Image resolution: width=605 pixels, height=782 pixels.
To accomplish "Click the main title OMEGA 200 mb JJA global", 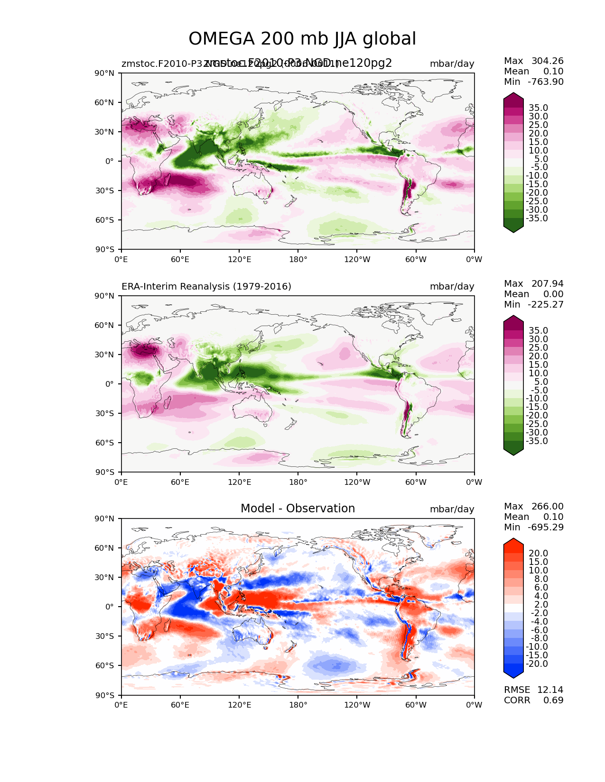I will (x=302, y=39).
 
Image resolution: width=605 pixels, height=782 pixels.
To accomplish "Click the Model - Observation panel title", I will (x=298, y=509).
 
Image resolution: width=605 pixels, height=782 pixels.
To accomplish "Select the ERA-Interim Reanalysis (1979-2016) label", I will (x=206, y=287).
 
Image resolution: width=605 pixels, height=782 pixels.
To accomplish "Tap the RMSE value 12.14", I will (x=550, y=690).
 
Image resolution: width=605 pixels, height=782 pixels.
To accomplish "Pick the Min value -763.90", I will (x=546, y=82).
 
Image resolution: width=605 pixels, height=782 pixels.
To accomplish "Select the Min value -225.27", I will (x=546, y=304).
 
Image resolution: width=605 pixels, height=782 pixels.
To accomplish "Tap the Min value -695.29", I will (x=546, y=527).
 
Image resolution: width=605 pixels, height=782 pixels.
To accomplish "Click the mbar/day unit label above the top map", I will (x=452, y=64).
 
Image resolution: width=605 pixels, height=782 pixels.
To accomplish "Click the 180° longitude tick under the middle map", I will (x=298, y=482).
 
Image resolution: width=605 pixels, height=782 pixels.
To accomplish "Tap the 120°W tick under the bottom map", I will (x=357, y=705).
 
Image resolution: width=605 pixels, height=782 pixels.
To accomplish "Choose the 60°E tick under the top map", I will (x=180, y=259).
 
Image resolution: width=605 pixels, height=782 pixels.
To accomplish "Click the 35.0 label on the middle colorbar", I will (x=538, y=330).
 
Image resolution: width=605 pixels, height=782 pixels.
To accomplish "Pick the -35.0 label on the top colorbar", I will (x=537, y=218).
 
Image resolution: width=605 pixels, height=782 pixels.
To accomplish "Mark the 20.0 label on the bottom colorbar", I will (x=538, y=553).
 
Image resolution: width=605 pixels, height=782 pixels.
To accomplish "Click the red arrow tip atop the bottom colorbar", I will (x=513, y=541).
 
